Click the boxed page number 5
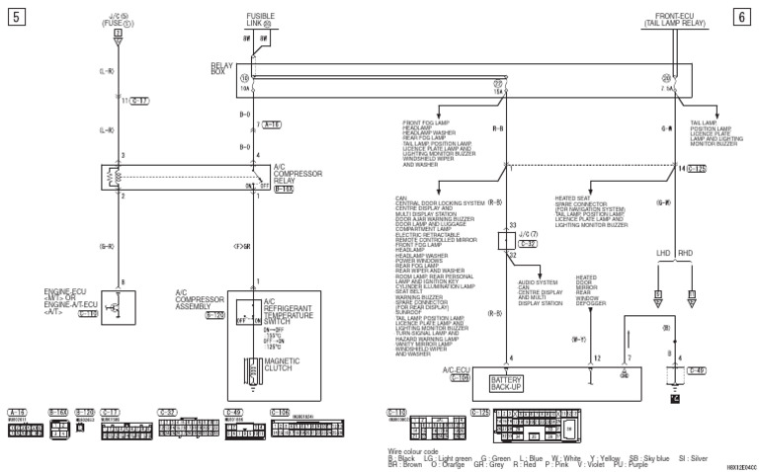pyautogui.click(x=13, y=15)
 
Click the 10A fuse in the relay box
pyautogui.click(x=244, y=87)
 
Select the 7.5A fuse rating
pyautogui.click(x=669, y=87)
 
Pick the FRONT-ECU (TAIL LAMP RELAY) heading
pyautogui.click(x=668, y=19)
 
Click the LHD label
pyautogui.click(x=661, y=254)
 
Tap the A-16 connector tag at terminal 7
pyautogui.click(x=272, y=125)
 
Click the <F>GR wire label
pyautogui.click(x=242, y=244)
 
